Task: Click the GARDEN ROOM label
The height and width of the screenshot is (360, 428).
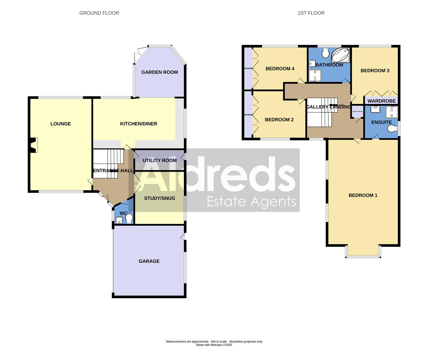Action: (160, 72)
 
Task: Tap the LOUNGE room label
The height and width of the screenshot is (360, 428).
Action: (61, 124)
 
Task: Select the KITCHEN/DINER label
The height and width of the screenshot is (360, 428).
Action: (139, 124)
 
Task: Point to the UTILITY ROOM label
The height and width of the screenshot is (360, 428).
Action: (160, 160)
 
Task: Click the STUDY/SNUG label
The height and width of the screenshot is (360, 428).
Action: (160, 198)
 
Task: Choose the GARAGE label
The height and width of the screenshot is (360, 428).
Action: (149, 261)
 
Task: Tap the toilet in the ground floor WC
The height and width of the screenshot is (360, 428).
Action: (129, 218)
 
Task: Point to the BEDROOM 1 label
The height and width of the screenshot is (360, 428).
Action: (363, 195)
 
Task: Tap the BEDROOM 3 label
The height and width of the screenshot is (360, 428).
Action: (375, 71)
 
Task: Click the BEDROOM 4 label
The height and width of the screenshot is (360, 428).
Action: (280, 69)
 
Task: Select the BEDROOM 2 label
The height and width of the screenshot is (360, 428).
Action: (279, 120)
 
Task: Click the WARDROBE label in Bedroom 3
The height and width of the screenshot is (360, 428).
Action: (381, 101)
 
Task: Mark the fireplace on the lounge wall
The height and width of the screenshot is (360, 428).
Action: (33, 145)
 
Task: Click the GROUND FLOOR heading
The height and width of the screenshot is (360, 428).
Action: (99, 13)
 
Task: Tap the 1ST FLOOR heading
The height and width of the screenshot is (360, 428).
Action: (311, 13)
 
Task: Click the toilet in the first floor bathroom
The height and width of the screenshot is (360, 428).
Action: (325, 52)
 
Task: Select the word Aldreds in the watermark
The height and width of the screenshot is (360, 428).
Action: (218, 175)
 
